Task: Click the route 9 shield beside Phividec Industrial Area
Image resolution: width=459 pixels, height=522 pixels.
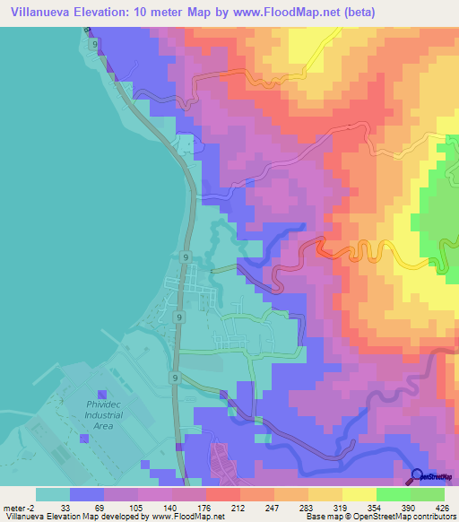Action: click(x=175, y=378)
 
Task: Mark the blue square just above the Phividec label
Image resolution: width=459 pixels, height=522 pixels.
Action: click(x=101, y=395)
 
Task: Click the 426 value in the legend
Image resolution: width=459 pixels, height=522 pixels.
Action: click(x=444, y=507)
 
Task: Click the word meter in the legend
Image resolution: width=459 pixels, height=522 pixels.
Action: click(x=14, y=507)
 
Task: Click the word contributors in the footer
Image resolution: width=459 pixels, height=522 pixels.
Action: click(x=434, y=518)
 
